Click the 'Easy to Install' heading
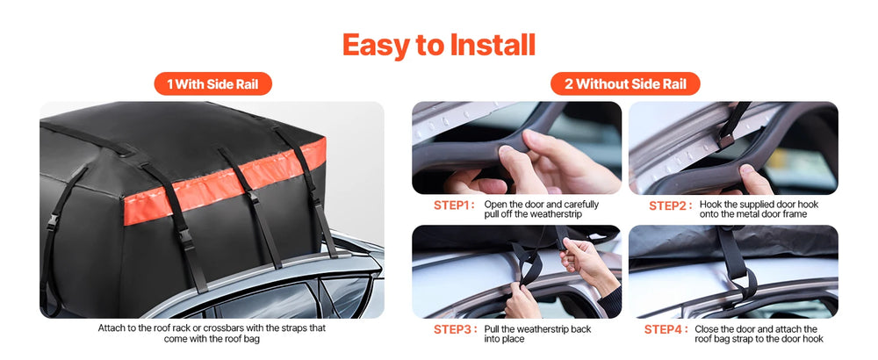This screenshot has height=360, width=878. [438, 46]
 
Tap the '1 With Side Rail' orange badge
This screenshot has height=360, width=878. [212, 84]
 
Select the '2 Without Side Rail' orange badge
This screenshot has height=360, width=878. [625, 84]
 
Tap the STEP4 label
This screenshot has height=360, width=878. [666, 330]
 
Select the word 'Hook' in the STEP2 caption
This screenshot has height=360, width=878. [709, 205]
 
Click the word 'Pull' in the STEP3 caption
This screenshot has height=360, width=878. [493, 329]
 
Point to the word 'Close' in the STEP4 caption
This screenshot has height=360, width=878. [706, 329]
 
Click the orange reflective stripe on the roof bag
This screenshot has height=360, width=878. [224, 183]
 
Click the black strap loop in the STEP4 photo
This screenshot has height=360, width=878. [741, 280]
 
